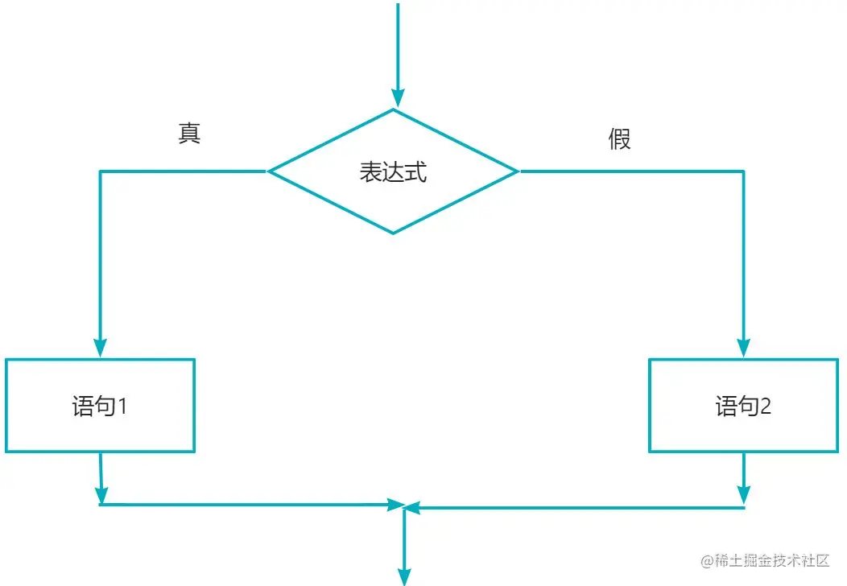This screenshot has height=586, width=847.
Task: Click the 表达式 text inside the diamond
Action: click(x=392, y=172)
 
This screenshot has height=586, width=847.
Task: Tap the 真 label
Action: click(x=189, y=134)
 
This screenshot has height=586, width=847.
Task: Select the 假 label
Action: click(x=619, y=139)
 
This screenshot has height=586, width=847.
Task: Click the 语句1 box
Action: click(x=100, y=406)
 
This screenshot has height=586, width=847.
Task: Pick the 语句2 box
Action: click(x=743, y=406)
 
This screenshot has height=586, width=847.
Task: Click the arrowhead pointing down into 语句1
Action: click(x=100, y=348)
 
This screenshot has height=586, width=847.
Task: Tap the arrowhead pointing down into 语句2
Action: click(x=744, y=348)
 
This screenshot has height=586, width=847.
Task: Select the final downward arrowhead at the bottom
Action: click(x=404, y=575)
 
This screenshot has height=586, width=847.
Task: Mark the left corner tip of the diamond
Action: click(x=269, y=171)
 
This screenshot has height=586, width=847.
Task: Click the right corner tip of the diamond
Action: click(x=518, y=171)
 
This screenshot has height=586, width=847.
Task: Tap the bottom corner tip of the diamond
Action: click(x=393, y=233)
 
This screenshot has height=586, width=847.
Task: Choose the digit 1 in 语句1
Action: click(x=122, y=406)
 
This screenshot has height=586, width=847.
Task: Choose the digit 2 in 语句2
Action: click(x=765, y=406)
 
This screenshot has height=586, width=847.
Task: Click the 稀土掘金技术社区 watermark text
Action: click(x=771, y=561)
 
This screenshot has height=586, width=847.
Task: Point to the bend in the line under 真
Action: click(x=100, y=171)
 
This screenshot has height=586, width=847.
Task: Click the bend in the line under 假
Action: click(x=744, y=171)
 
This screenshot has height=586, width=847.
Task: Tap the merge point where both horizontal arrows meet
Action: click(x=404, y=506)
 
